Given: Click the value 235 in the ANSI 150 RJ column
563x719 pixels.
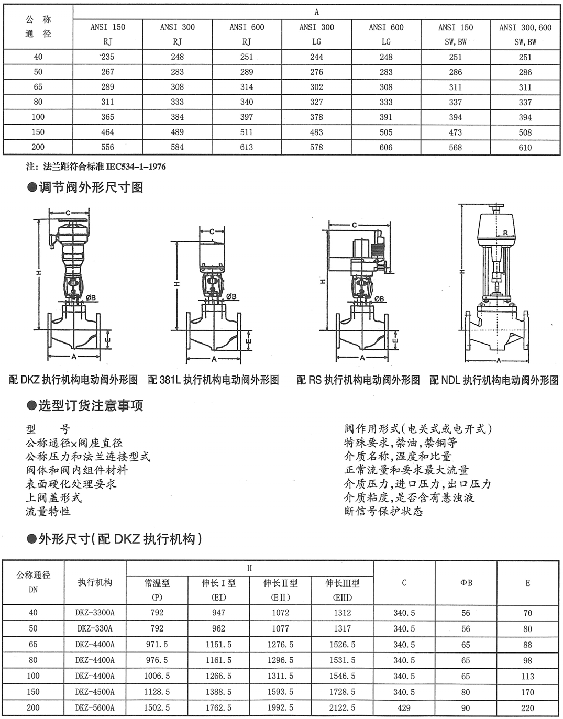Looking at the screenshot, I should [x=108, y=57].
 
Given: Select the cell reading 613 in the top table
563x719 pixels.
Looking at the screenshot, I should [x=247, y=148].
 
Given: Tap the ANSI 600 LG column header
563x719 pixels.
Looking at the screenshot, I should [x=386, y=35].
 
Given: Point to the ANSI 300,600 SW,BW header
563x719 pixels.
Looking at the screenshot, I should [x=525, y=35].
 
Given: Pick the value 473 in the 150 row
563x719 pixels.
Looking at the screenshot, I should [x=456, y=132].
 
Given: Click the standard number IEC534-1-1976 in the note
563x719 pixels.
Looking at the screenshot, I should [x=136, y=167].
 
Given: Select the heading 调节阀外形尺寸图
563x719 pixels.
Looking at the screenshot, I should [x=91, y=187].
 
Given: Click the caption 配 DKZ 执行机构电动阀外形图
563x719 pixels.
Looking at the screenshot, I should [x=73, y=380].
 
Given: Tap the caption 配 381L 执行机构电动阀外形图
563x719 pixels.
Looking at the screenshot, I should [x=213, y=380].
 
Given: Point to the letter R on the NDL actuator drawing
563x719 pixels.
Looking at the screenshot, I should [x=505, y=233].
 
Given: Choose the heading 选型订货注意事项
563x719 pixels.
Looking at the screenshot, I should [x=91, y=405].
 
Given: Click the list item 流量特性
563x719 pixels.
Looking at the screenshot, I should [x=48, y=511].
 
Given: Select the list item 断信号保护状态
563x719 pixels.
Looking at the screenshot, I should [x=383, y=511].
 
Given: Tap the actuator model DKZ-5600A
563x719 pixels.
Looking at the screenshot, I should [x=95, y=708].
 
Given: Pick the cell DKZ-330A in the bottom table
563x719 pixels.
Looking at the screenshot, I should [x=95, y=628].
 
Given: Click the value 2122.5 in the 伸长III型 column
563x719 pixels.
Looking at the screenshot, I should [x=343, y=708].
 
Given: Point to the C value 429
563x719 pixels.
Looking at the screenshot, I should [x=404, y=708].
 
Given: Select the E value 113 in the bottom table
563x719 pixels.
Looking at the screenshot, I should [x=527, y=677].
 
